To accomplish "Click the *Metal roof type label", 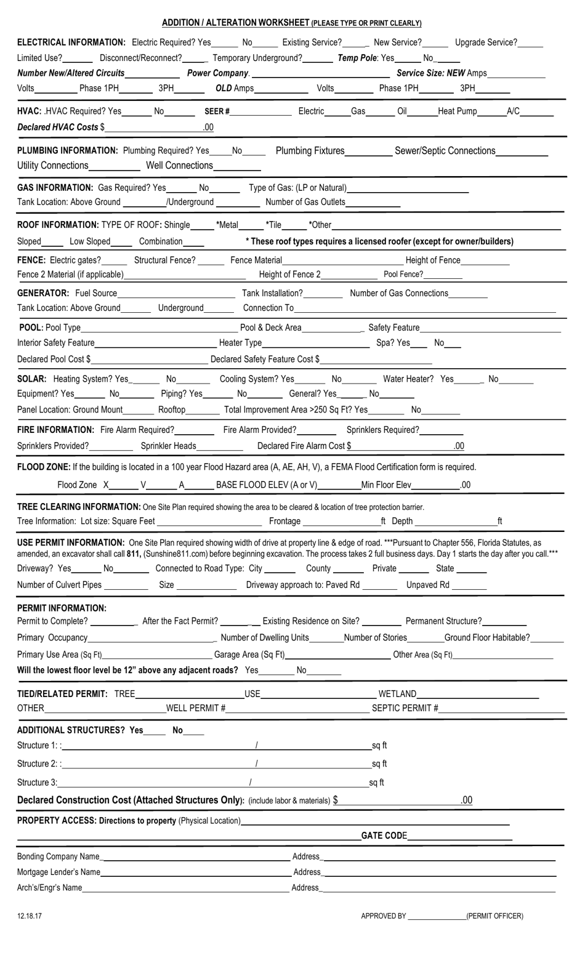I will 227,225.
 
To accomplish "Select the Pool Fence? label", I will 403,274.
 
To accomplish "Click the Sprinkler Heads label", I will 168,446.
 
